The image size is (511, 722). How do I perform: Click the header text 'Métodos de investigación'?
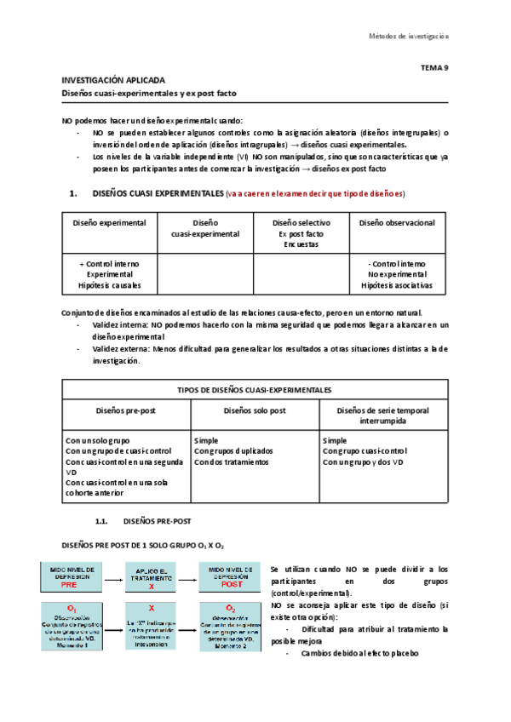[408, 36]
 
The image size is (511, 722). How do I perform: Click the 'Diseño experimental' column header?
[109, 223]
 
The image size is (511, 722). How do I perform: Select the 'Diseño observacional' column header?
[397, 223]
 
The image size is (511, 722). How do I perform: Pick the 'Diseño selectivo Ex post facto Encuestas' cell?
[301, 232]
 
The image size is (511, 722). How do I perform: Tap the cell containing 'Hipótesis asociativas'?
[397, 285]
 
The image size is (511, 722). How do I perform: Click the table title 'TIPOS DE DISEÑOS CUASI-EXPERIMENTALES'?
[255, 389]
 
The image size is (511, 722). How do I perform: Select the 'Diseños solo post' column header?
[255, 410]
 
